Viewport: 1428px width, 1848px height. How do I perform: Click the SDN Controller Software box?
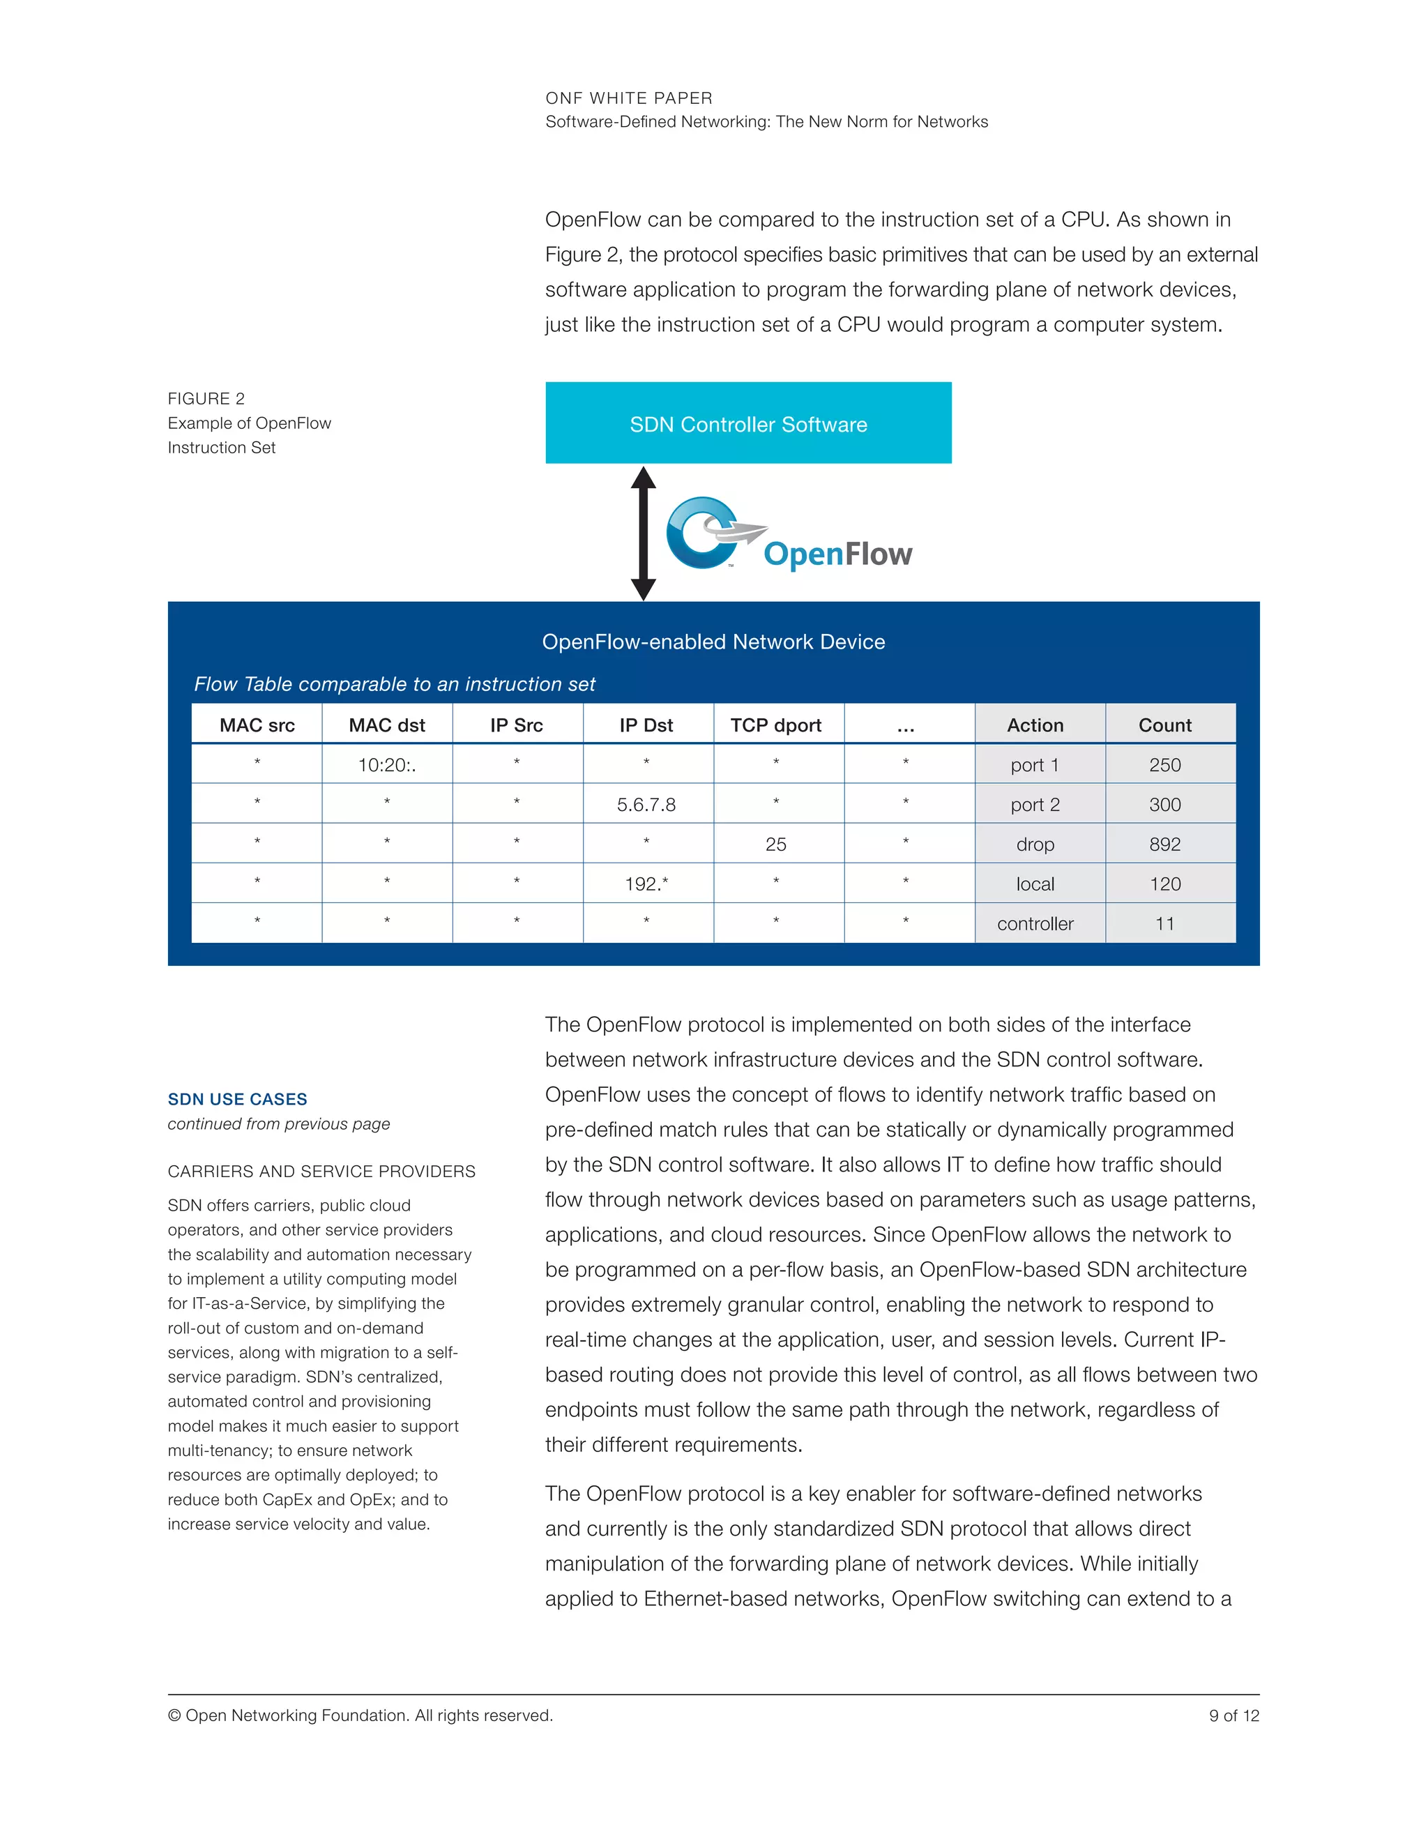pos(748,423)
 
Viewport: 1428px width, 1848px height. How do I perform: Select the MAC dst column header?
pos(386,725)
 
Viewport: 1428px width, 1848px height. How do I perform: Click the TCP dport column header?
pos(776,725)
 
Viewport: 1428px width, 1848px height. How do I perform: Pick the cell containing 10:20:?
pos(386,765)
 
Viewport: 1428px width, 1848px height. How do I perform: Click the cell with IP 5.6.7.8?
pos(646,805)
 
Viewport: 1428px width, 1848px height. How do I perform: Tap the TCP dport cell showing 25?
pos(776,845)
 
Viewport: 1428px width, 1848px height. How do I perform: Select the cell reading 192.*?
pos(646,884)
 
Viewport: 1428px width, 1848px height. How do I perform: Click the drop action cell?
pos(1035,845)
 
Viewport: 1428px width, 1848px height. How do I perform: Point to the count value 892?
pos(1165,845)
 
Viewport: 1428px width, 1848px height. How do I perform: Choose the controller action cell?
pos(1035,924)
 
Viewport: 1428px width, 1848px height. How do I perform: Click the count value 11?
pos(1165,924)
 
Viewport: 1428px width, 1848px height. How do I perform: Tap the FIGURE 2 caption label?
pos(206,398)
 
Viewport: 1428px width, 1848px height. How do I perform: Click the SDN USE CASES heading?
pos(238,1099)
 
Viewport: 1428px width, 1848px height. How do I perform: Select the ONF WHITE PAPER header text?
pos(628,98)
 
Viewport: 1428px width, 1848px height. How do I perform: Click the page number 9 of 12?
pos(1233,1716)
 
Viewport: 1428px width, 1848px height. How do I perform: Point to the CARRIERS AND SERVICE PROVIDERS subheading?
pos(321,1171)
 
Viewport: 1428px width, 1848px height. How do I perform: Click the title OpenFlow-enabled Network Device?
pos(713,642)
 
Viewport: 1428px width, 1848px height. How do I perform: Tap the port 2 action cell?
pos(1035,805)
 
